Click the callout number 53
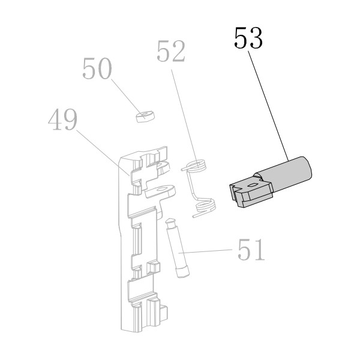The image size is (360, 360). [248, 38]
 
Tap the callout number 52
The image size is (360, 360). [171, 51]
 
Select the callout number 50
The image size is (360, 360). [97, 68]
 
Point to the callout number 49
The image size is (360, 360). [62, 119]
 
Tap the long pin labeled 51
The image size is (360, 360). [178, 247]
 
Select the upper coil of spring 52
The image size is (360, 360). [196, 166]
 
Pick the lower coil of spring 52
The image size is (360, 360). [205, 206]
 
